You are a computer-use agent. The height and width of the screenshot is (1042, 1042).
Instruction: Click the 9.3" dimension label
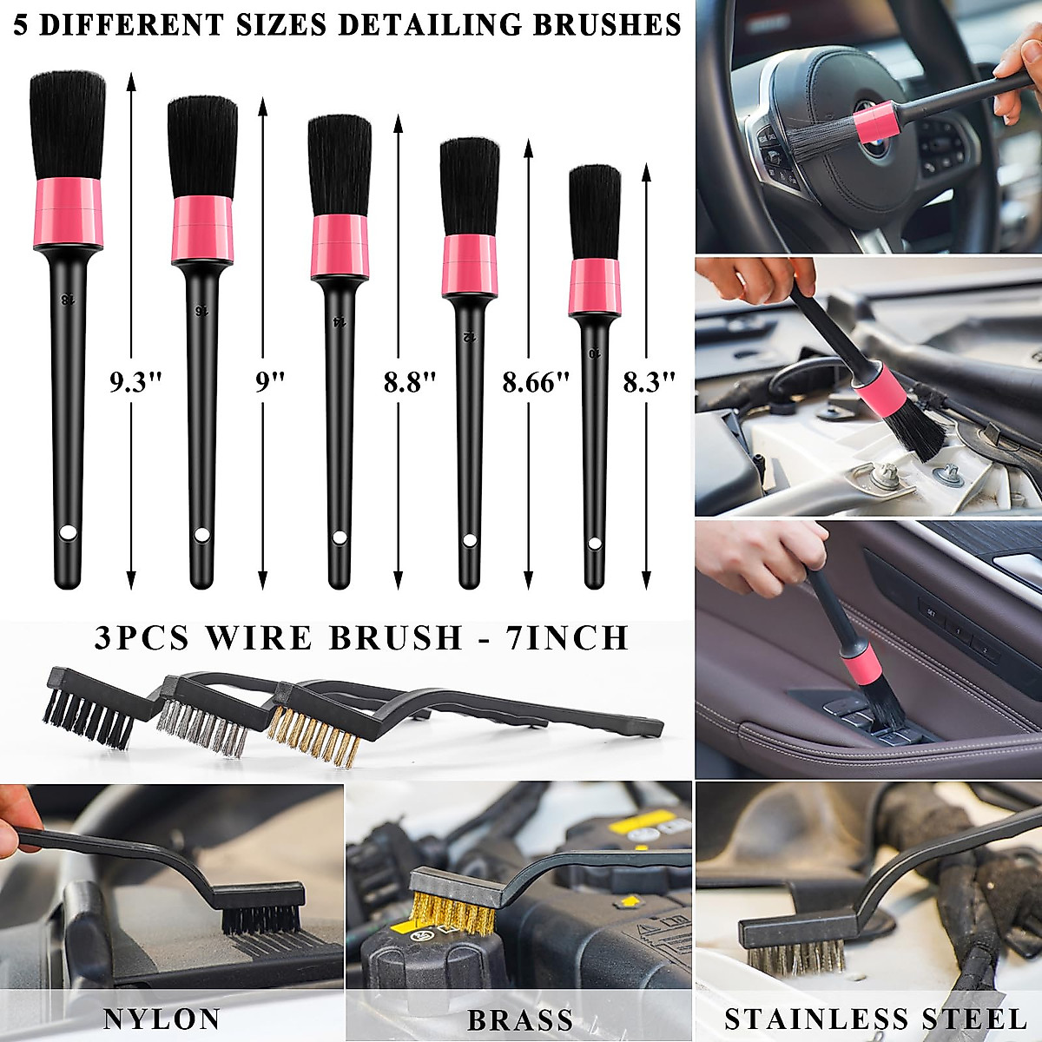point(135,381)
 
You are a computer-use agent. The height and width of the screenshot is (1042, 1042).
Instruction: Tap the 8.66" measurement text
point(536,381)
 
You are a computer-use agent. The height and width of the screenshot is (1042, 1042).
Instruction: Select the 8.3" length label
point(649,381)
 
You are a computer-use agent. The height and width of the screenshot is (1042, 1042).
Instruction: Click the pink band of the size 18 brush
point(69,212)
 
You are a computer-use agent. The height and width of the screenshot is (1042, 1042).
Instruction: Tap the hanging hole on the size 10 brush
point(594,544)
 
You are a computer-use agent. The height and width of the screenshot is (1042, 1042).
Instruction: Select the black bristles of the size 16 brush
point(202,146)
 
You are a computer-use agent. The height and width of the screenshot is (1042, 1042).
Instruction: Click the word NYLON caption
point(162,1019)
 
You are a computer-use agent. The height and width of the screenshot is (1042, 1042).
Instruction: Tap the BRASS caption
point(519,1019)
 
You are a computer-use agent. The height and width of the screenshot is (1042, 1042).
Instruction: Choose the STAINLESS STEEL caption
point(875,1019)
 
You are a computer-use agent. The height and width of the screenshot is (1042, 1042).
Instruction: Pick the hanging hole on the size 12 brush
point(470,541)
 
